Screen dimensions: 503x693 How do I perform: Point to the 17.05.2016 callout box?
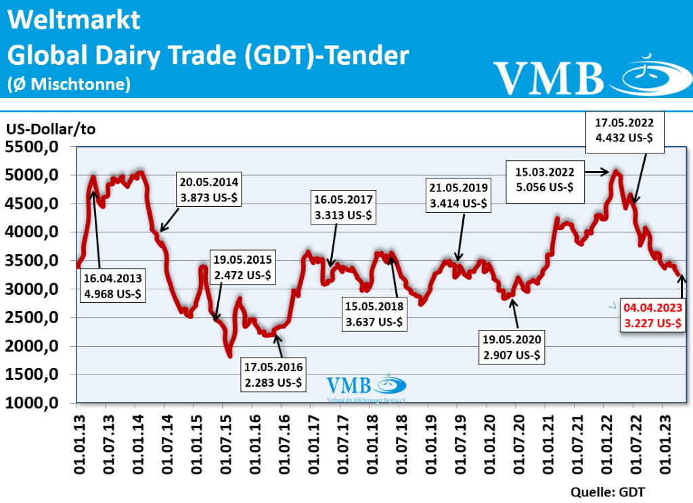[x=273, y=375]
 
